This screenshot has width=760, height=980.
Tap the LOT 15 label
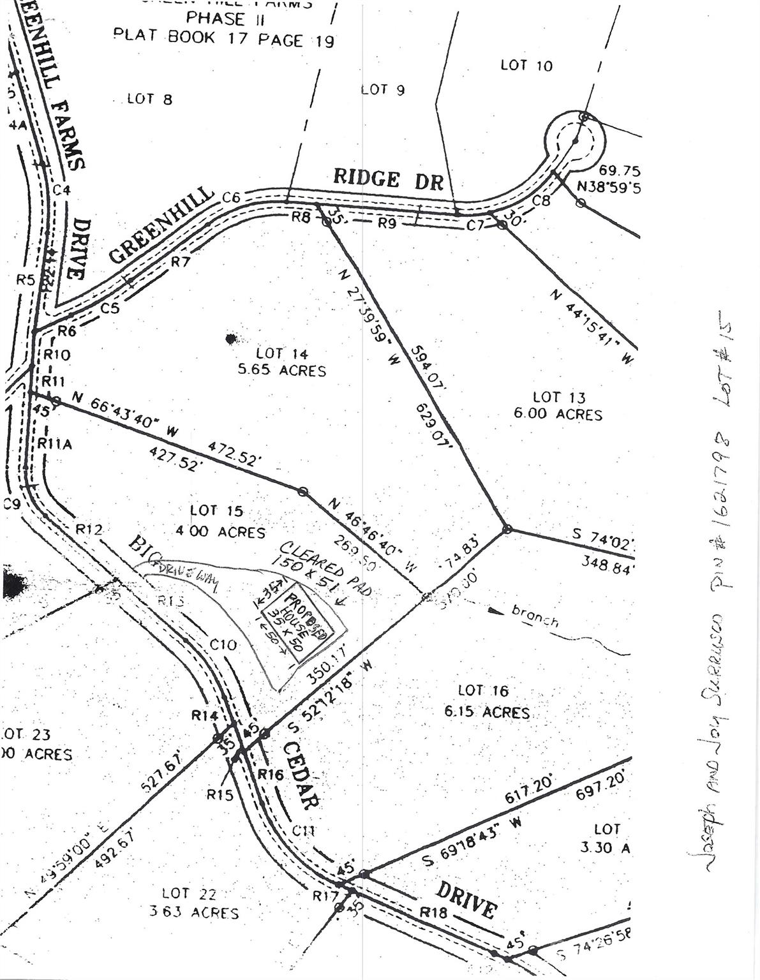pyautogui.click(x=216, y=511)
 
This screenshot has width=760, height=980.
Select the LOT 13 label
pyautogui.click(x=559, y=397)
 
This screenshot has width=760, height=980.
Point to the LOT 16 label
pyautogui.click(x=483, y=690)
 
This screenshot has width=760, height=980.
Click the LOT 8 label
pyautogui.click(x=149, y=99)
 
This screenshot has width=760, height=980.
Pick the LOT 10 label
pyautogui.click(x=526, y=65)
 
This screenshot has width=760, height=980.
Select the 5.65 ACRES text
pyautogui.click(x=281, y=371)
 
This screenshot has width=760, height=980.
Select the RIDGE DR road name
pyautogui.click(x=388, y=179)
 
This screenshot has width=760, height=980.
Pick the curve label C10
pyautogui.click(x=223, y=645)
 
